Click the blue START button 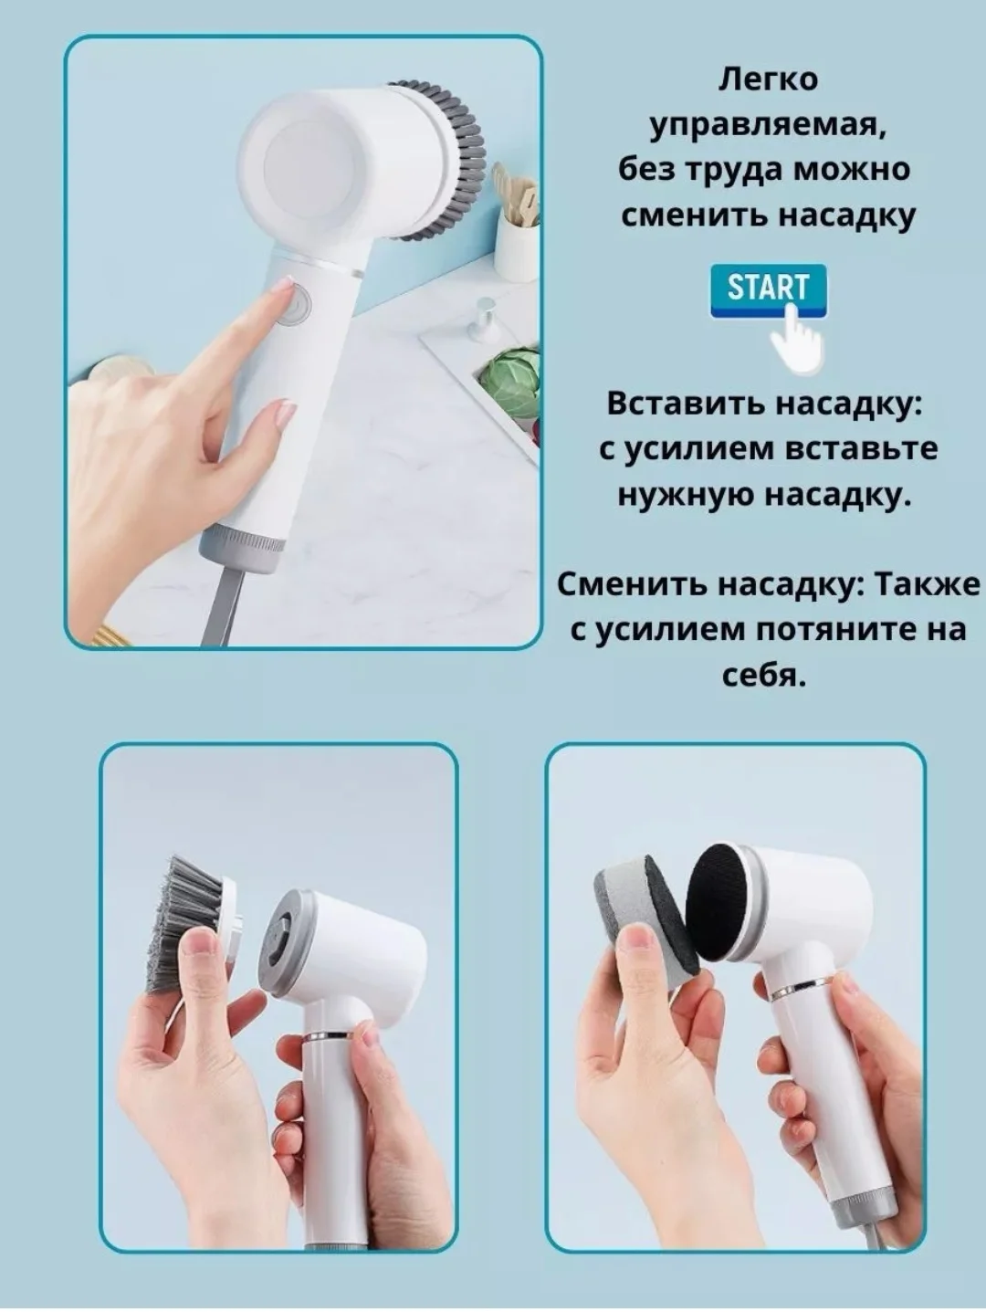[768, 290]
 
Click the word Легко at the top [768, 81]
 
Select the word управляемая [768, 127]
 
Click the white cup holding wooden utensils [518, 243]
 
